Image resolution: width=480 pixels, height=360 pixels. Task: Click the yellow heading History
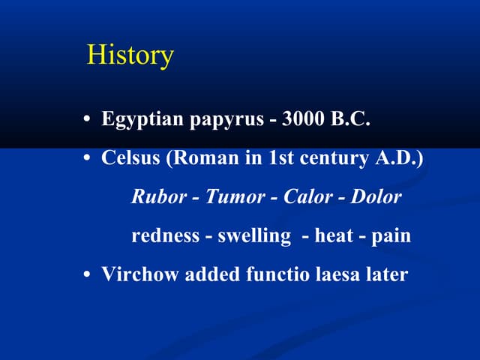130,55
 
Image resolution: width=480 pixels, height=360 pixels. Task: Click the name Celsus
129,159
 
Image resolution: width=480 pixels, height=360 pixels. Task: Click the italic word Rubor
154,197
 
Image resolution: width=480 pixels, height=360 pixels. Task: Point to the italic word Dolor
377,197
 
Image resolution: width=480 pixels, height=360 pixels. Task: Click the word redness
163,235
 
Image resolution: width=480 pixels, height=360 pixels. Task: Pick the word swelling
254,236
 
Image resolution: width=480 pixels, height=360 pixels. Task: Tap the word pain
391,236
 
